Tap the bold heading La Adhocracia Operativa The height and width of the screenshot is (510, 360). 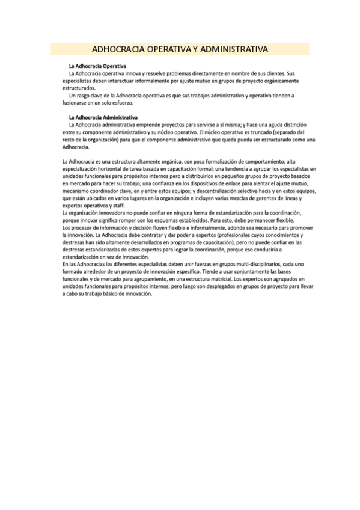97,66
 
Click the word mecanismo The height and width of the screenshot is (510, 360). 76,191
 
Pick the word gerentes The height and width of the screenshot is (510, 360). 272,198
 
